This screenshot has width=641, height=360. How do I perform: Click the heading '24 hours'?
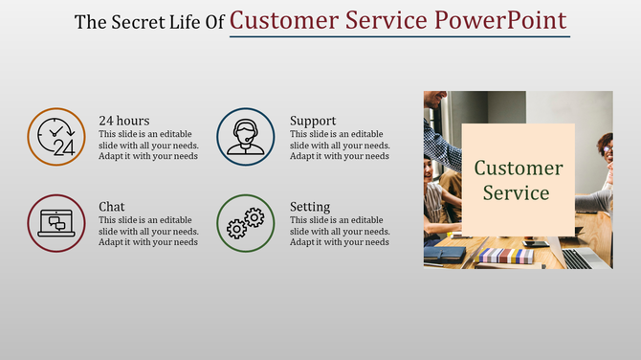[124, 121]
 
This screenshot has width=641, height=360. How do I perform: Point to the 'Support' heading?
[313, 121]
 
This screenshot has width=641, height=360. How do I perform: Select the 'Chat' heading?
[112, 207]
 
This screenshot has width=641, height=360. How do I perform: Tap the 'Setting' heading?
[310, 207]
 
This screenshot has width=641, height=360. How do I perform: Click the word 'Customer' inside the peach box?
[519, 169]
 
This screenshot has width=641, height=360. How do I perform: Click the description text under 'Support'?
[340, 145]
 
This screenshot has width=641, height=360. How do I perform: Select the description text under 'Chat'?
[148, 231]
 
